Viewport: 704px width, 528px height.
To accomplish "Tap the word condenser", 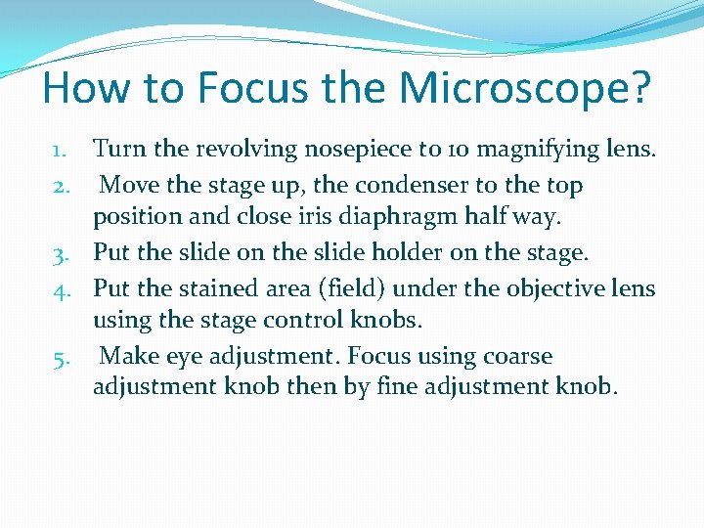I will point(421,185).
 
